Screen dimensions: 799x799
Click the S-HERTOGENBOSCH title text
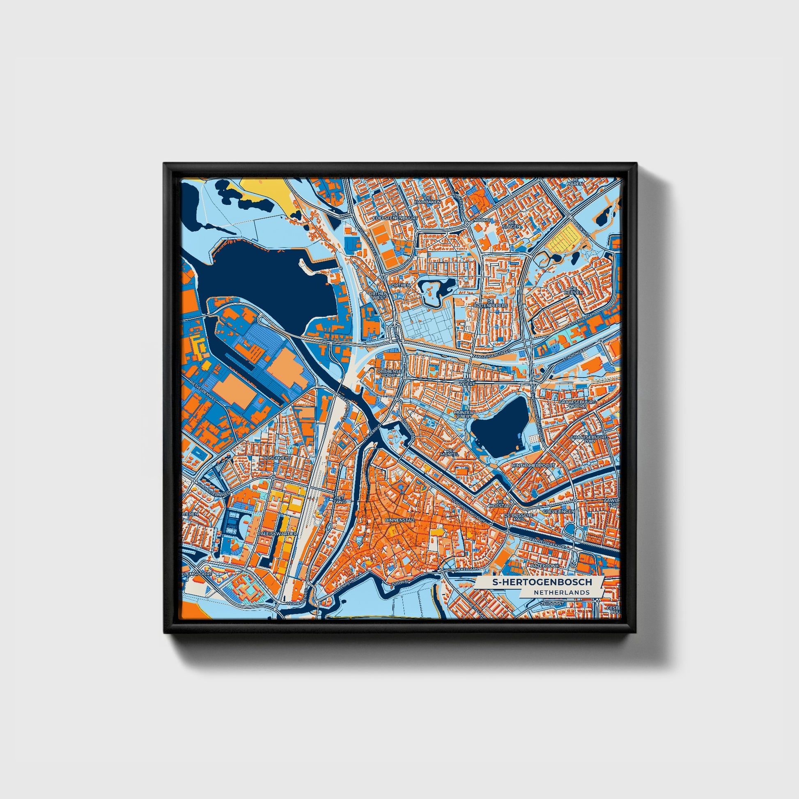tap(542, 582)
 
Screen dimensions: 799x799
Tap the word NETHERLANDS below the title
tap(561, 592)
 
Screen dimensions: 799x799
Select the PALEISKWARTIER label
tap(277, 534)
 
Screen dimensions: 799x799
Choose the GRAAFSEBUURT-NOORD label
tap(572, 404)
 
